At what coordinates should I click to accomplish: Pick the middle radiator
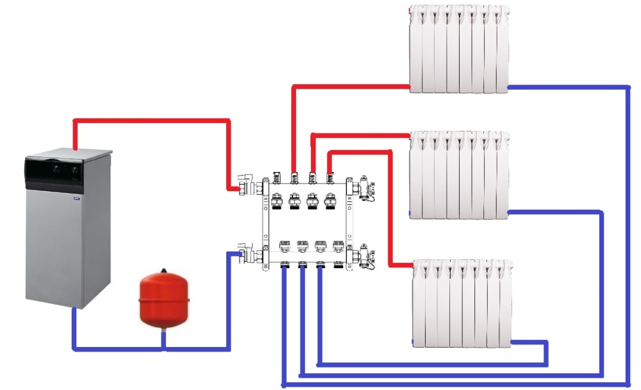pyautogui.click(x=459, y=174)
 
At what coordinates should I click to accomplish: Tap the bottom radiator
pyautogui.click(x=462, y=303)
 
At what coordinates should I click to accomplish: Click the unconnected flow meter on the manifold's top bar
pyautogui.click(x=276, y=176)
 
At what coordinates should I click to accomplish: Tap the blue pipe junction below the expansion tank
pyautogui.click(x=163, y=350)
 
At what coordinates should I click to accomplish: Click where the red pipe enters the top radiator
pyautogui.click(x=410, y=86)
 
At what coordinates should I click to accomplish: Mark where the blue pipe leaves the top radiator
pyautogui.click(x=508, y=86)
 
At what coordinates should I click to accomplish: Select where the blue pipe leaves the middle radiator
pyautogui.click(x=508, y=212)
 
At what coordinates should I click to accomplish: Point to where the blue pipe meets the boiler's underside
pyautogui.click(x=74, y=309)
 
